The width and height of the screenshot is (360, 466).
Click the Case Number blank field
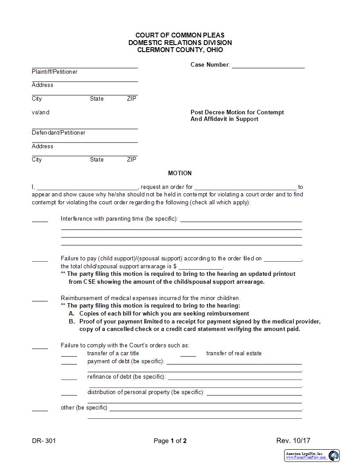pos(268,65)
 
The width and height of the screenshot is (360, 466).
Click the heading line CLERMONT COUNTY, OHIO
pos(180,50)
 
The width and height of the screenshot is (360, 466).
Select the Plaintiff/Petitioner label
pos(54,72)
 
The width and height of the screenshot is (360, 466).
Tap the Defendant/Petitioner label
pos(59,133)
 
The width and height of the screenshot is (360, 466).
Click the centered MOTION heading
pos(180,173)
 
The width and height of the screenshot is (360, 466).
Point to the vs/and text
pos(41,113)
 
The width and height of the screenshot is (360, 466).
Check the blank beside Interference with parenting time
pos(40,219)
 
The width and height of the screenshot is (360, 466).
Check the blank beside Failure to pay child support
pos(40,259)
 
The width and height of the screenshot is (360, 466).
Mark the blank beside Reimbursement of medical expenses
pos(40,299)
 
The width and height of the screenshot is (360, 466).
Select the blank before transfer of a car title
pos(69,354)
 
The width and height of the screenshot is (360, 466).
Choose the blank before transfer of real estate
pos(188,354)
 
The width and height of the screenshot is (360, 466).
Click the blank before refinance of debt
pos(69,377)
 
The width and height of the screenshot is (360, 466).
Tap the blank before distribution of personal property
pos(69,393)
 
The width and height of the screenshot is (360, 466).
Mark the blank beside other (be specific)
pos(40,408)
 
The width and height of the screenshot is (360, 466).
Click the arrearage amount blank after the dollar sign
pos(201,267)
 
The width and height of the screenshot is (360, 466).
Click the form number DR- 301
pos(44,440)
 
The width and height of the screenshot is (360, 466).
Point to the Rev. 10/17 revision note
pos(293,440)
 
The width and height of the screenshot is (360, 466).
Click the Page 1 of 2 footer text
pos(170,440)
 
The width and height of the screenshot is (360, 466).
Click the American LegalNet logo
pos(312,455)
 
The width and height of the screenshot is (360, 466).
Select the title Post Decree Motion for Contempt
pos(237,113)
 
